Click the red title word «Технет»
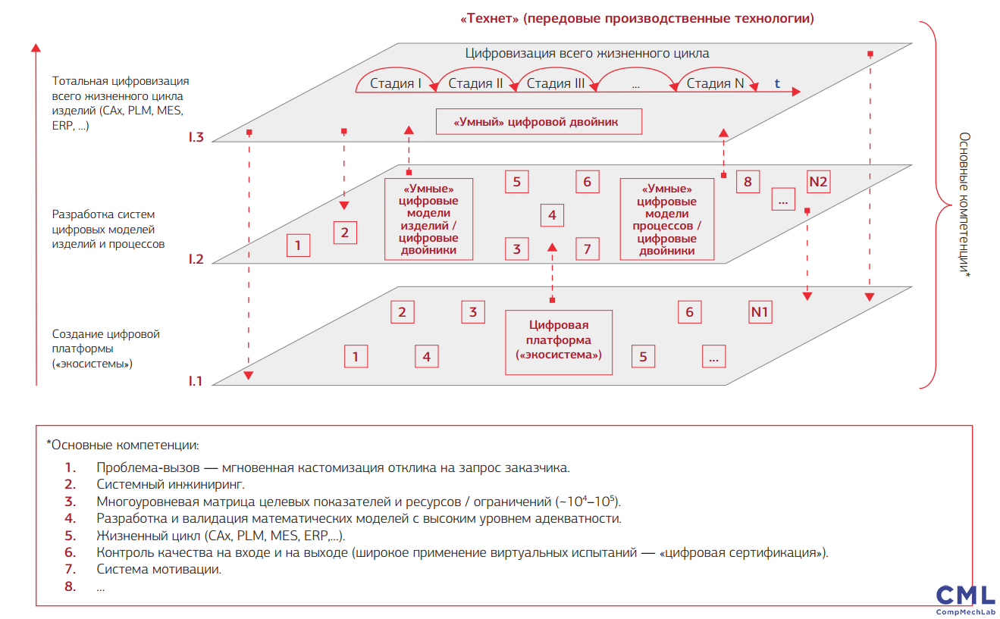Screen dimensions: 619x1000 pos(488,18)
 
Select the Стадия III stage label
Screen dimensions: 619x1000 pos(555,83)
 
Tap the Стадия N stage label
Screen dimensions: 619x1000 pos(715,83)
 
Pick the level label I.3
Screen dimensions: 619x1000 pos(196,137)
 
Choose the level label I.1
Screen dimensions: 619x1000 pos(196,381)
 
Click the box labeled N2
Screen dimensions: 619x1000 pos(819,182)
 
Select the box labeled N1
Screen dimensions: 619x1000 pos(760,312)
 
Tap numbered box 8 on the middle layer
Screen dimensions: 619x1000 pos(748,182)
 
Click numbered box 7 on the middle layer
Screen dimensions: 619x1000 pos(587,249)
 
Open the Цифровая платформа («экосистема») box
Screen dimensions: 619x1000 pos(559,342)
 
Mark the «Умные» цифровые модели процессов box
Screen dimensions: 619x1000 pos(667,219)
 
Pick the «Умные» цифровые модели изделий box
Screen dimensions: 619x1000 pos(429,219)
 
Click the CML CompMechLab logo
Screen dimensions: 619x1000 pos(965,599)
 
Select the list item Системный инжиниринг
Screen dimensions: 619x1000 pos(171,484)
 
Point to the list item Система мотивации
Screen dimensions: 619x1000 pos(159,569)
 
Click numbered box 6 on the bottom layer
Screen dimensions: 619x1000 pos(689,312)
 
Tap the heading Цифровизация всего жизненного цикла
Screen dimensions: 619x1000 pos(587,54)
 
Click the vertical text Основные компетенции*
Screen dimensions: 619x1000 pos(964,205)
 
